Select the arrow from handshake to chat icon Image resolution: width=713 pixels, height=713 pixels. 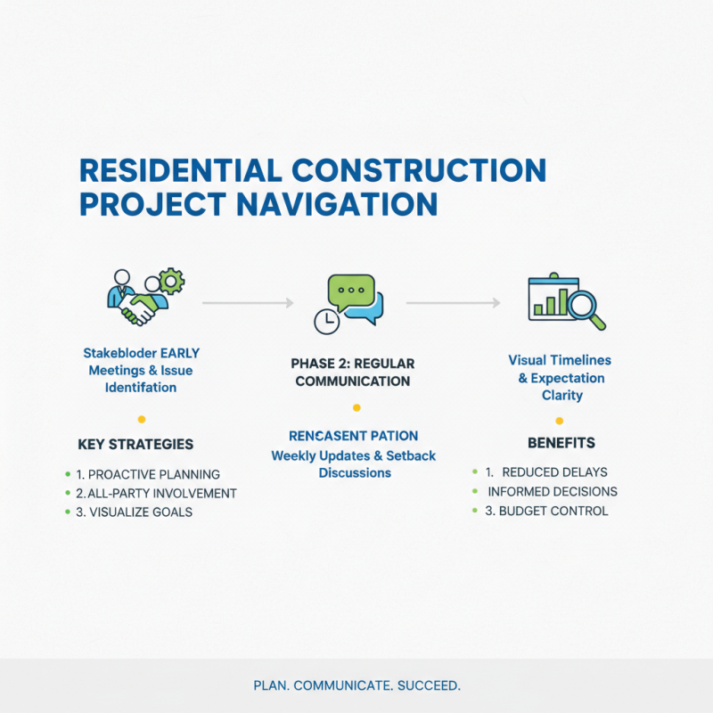click(x=248, y=304)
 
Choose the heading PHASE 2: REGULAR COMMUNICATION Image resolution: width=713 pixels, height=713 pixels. click(x=352, y=373)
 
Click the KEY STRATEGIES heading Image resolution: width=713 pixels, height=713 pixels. click(x=135, y=444)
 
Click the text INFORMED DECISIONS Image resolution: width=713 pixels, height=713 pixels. click(x=552, y=491)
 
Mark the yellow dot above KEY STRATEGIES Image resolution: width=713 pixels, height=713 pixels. click(x=141, y=419)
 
